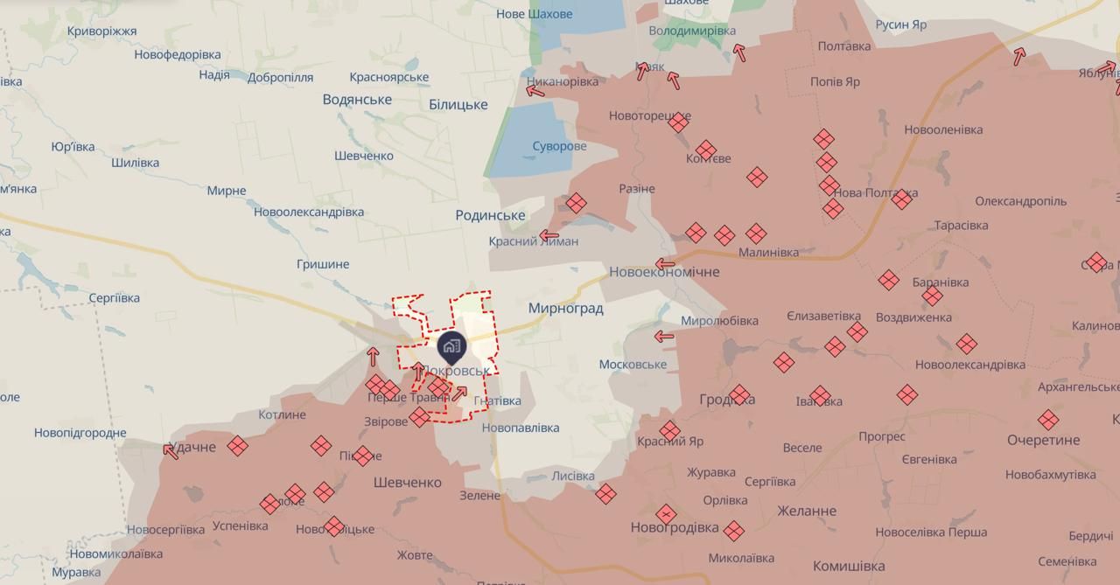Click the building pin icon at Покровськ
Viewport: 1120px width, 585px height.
451,347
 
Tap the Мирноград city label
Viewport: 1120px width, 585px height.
565,309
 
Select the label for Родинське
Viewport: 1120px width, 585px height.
490,215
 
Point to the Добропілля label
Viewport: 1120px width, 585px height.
280,77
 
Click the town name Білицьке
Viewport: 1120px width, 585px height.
458,105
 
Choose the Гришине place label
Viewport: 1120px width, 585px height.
323,264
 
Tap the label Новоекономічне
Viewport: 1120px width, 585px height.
664,272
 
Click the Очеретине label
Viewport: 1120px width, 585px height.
1043,440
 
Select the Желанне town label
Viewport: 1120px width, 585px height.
806,511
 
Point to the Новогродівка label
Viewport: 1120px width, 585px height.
675,528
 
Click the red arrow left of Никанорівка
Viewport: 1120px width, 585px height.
535,90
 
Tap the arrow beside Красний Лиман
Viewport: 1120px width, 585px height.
549,235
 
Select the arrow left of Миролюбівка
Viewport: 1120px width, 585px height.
664,337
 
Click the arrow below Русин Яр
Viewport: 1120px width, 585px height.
1019,57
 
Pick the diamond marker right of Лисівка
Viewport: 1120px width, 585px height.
605,494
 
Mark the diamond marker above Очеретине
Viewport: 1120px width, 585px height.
1048,420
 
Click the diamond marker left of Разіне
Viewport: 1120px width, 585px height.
576,204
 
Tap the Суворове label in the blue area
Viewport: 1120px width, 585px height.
559,146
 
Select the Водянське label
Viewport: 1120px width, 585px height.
357,100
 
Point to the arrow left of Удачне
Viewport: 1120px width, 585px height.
171,451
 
